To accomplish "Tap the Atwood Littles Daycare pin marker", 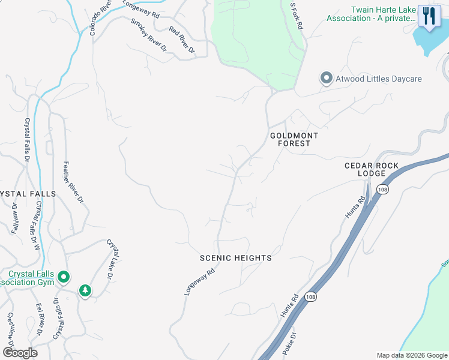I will pos(326,79).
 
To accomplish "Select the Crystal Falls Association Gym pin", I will pos(64,277).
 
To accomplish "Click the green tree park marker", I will pos(85,291).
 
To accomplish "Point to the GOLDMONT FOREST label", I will pos(294,140).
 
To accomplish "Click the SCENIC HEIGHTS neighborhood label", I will pos(236,258).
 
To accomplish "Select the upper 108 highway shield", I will pos(382,190).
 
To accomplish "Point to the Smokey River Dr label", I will pos(148,35).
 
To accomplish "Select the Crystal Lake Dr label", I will pos(113,259).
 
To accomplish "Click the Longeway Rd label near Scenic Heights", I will pos(199,281).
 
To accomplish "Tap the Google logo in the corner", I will pos(20,353).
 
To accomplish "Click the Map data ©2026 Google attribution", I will pos(412,355).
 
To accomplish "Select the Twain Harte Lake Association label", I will pos(370,14).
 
